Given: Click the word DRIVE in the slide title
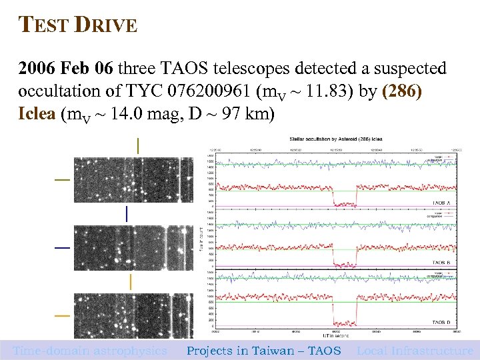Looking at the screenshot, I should pyautogui.click(x=107, y=26).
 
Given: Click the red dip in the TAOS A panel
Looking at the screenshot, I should pyautogui.click(x=345, y=202).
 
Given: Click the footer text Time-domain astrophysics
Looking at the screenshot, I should pyautogui.click(x=90, y=351).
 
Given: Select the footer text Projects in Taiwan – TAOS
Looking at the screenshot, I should pyautogui.click(x=263, y=351).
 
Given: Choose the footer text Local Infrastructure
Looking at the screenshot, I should pyautogui.click(x=415, y=351).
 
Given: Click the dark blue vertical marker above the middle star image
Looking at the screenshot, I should pyautogui.click(x=127, y=213).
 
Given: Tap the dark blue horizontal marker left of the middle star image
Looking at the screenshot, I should pyautogui.click(x=62, y=247).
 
